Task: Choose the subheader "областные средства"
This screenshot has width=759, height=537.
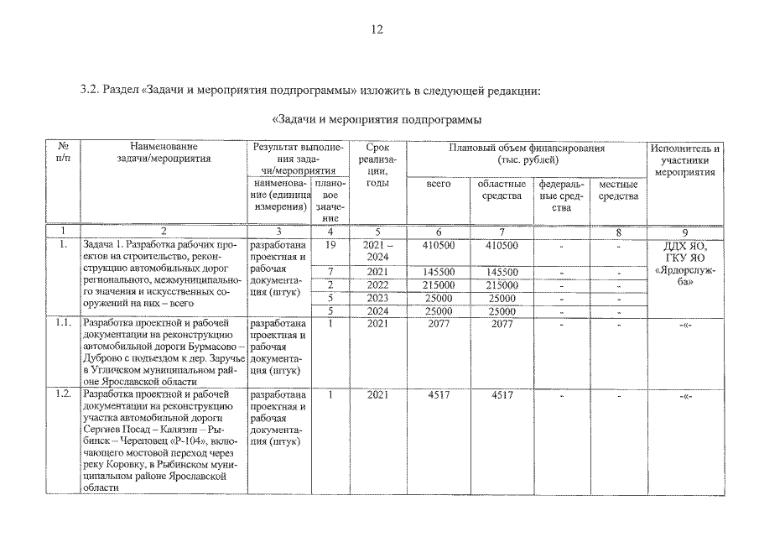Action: coord(502,190)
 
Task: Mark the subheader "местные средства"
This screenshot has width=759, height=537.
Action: coord(619,190)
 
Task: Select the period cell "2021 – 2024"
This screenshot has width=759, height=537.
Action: coord(377,250)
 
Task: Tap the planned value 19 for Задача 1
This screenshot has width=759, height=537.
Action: coord(330,245)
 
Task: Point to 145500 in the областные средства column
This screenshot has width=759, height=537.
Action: coord(502,272)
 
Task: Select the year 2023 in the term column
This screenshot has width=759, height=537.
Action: coord(377,298)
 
